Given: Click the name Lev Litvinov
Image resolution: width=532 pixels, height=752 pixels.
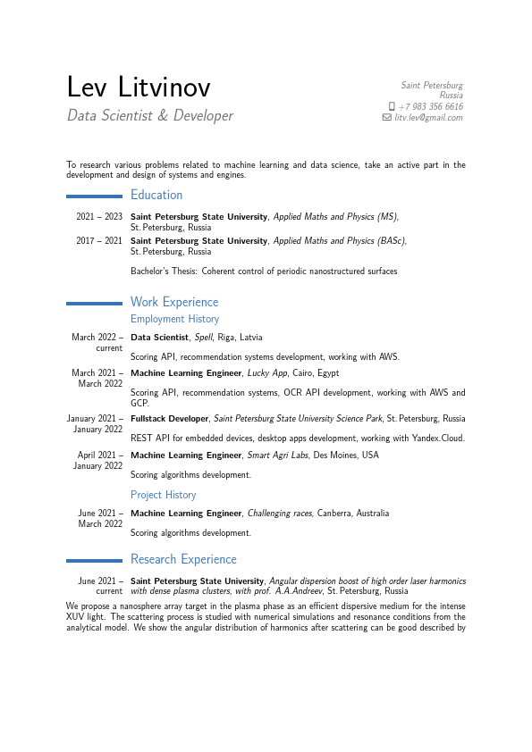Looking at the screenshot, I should coord(139,88).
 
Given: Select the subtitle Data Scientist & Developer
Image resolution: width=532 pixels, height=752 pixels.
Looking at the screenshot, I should coord(149,116).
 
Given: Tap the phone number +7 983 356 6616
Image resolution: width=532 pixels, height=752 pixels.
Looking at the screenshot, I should coord(430,106).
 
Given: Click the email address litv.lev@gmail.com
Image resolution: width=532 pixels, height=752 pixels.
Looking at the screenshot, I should coord(428,117).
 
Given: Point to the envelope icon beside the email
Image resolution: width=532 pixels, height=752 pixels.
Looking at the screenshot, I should coord(386,117).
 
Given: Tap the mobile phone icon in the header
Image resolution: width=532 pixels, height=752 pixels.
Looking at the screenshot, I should coord(392,106).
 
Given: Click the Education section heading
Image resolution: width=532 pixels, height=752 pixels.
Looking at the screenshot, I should coord(156,195).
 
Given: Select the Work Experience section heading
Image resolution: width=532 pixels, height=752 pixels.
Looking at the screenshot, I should coord(174,302).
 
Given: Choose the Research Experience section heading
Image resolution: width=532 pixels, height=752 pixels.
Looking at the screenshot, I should coord(183,559).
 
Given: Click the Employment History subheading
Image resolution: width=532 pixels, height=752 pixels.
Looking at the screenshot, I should coord(174,319).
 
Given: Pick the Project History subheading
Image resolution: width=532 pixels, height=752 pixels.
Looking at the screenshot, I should coord(163,495).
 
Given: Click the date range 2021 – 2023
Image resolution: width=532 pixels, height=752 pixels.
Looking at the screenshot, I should coord(99,217).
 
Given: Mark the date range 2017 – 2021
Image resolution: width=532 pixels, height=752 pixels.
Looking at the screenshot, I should coord(99,241).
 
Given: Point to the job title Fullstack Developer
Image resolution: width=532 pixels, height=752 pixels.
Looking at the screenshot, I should coord(170,419).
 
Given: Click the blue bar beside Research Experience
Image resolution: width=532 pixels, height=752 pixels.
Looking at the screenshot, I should coord(94,560).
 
